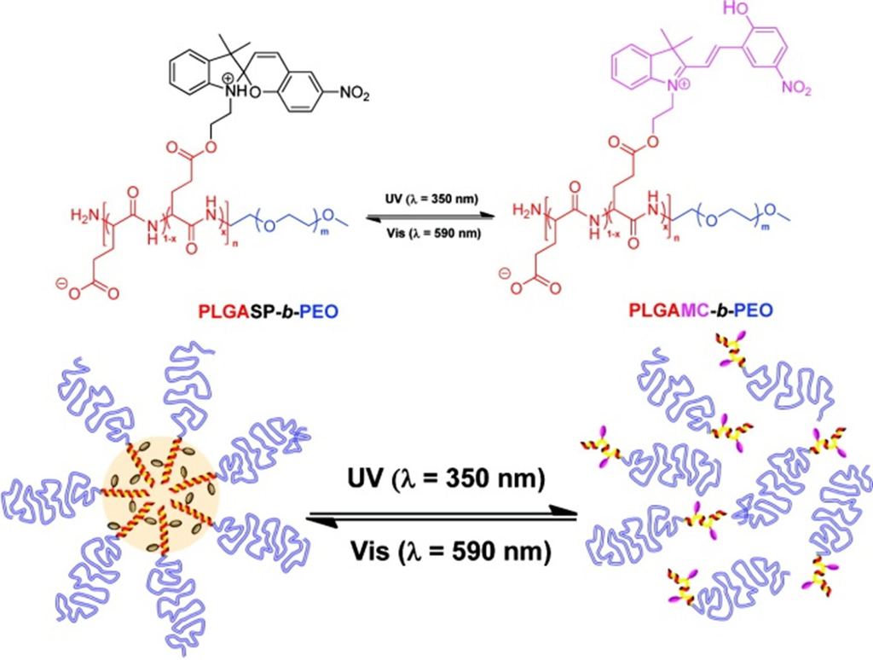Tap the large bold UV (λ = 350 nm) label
coord(443,480)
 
